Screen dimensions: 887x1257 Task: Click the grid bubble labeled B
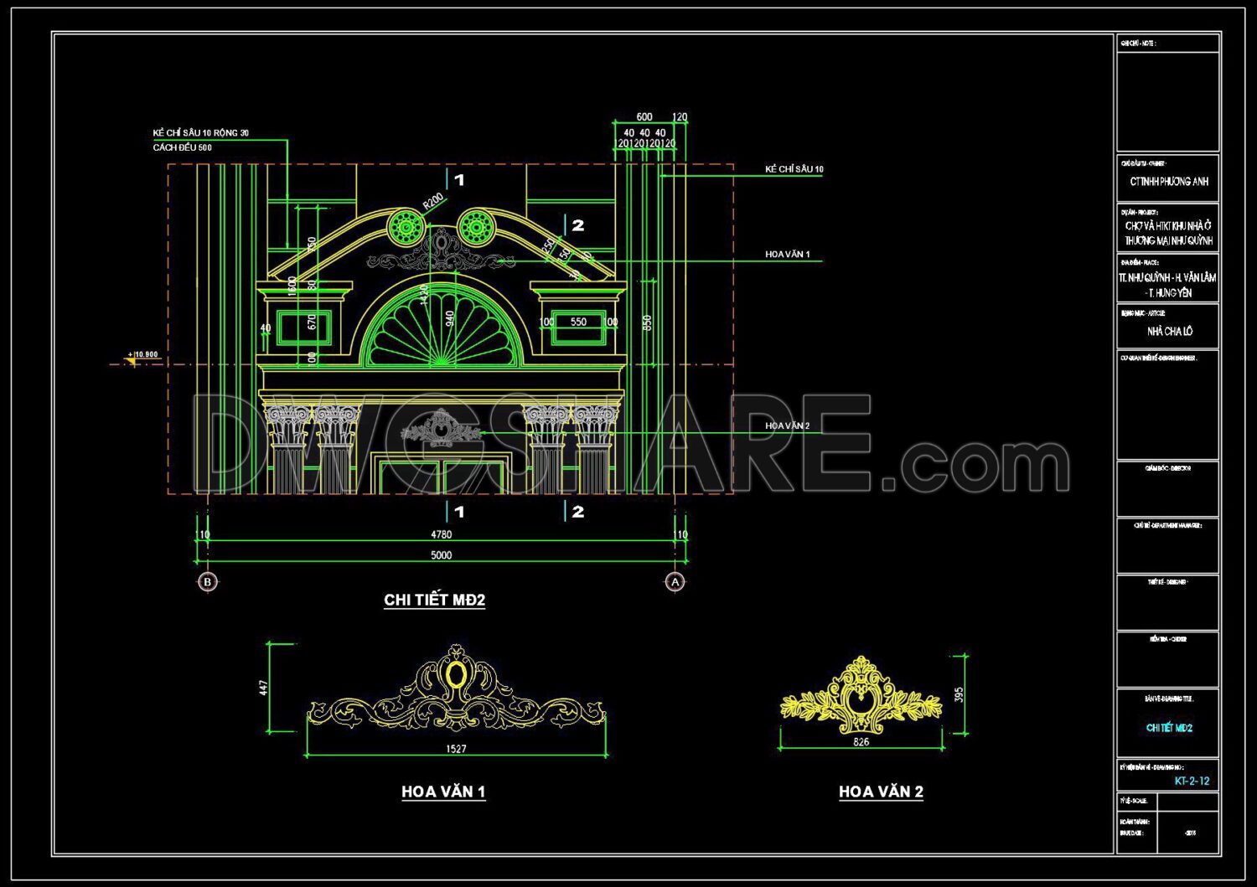click(208, 581)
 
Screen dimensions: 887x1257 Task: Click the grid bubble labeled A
click(675, 581)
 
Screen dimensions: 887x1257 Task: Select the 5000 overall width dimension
click(441, 554)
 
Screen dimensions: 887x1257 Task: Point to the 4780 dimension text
click(441, 534)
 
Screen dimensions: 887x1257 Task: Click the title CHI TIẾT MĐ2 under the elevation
click(434, 600)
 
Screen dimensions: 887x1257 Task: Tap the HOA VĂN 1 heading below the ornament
click(443, 792)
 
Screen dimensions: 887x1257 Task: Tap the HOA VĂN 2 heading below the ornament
click(881, 792)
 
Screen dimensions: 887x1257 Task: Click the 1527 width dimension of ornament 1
click(456, 749)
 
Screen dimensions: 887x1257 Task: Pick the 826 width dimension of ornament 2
click(861, 742)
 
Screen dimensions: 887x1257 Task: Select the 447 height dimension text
click(264, 688)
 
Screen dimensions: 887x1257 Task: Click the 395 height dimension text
click(960, 694)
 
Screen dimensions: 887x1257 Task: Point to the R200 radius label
click(432, 202)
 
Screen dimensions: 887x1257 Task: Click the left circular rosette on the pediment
click(406, 227)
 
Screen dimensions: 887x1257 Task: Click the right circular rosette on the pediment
click(474, 227)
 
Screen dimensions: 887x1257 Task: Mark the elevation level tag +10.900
click(145, 354)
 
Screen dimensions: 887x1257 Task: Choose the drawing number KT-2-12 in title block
click(1192, 781)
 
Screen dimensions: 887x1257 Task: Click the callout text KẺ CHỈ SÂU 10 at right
click(794, 169)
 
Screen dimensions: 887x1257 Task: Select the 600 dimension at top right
click(644, 117)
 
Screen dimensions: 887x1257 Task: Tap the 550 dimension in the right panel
click(578, 322)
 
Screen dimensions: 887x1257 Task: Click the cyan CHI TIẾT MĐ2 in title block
click(1169, 728)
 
